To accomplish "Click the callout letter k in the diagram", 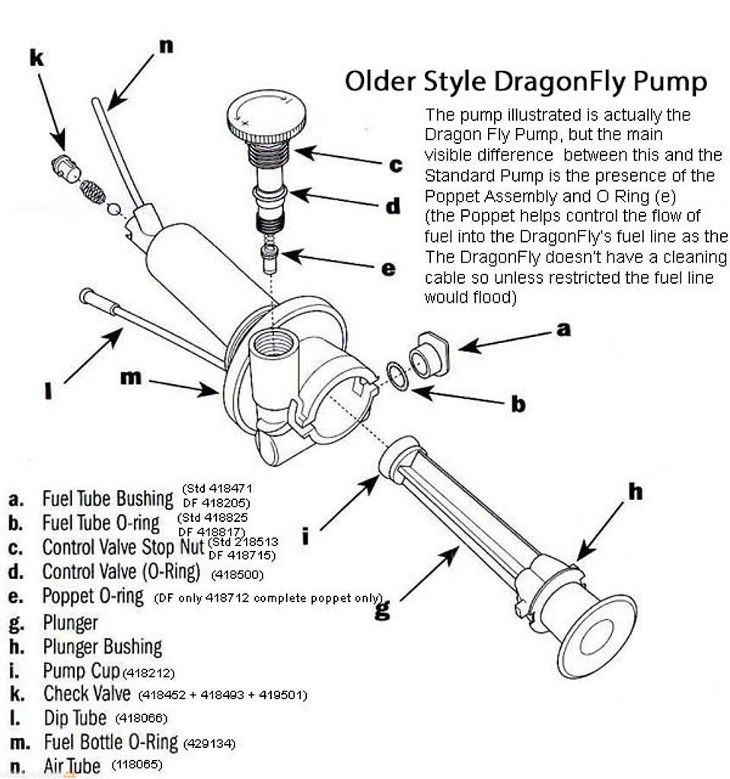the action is click(36, 58).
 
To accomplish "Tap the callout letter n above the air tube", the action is click(166, 46).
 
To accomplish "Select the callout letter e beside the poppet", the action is click(388, 269).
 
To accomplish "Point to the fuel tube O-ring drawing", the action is click(398, 376).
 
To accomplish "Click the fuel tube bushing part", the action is click(429, 354).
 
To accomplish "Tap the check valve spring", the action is click(93, 192).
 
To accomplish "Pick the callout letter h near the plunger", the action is click(636, 491).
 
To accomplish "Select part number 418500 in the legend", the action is click(237, 575).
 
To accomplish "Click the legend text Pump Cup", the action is click(81, 671).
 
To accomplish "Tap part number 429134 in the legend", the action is click(209, 744).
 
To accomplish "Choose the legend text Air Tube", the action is click(72, 765).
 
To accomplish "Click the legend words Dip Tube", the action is click(75, 718).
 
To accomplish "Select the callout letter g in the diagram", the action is click(382, 609).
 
